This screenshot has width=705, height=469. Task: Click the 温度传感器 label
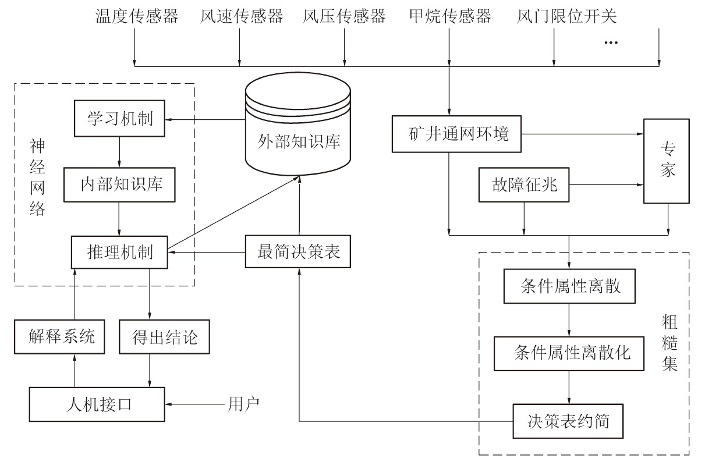tap(136, 16)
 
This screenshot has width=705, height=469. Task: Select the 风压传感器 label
tap(344, 16)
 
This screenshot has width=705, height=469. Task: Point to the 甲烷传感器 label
tap(450, 16)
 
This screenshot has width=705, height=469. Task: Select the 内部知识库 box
tap(120, 185)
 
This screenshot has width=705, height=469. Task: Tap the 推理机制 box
tap(120, 253)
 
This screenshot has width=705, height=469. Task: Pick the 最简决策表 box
tap(299, 253)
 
